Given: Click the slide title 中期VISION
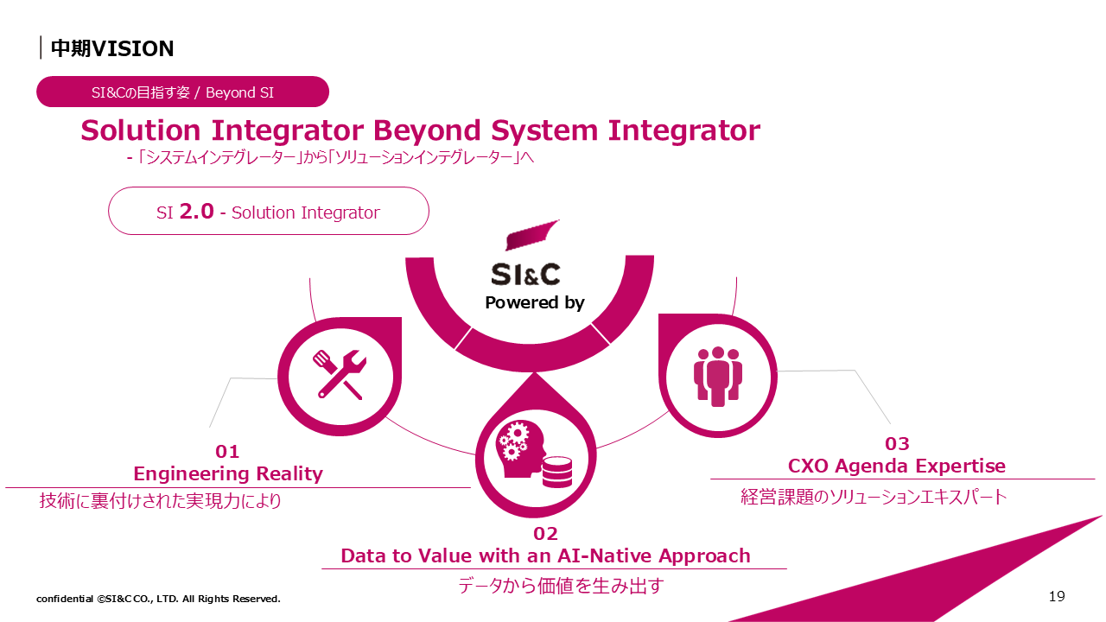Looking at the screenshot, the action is pyautogui.click(x=112, y=48).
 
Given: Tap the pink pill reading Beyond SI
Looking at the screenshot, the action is pyautogui.click(x=182, y=92).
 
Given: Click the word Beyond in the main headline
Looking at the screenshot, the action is pyautogui.click(x=427, y=131).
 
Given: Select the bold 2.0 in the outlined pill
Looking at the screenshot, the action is pyautogui.click(x=196, y=212).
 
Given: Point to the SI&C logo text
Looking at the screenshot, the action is pyautogui.click(x=526, y=275).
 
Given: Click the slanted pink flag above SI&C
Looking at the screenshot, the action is pyautogui.click(x=532, y=235).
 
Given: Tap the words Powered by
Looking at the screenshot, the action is pyautogui.click(x=535, y=302).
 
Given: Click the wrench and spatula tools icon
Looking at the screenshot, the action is pyautogui.click(x=340, y=375).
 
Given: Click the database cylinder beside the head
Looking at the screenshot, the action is pyautogui.click(x=557, y=472).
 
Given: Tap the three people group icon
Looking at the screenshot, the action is pyautogui.click(x=718, y=377).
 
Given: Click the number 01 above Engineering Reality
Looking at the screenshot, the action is pyautogui.click(x=227, y=452).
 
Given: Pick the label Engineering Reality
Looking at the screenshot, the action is pyautogui.click(x=228, y=474).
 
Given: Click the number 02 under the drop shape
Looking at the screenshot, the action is pyautogui.click(x=545, y=534).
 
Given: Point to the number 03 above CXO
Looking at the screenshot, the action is pyautogui.click(x=897, y=444).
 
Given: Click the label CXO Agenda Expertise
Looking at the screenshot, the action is pyautogui.click(x=897, y=466).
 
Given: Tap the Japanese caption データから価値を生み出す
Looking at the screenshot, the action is pyautogui.click(x=561, y=586).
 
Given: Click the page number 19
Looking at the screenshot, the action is pyautogui.click(x=1057, y=597).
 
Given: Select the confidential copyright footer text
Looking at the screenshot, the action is pyautogui.click(x=158, y=599).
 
